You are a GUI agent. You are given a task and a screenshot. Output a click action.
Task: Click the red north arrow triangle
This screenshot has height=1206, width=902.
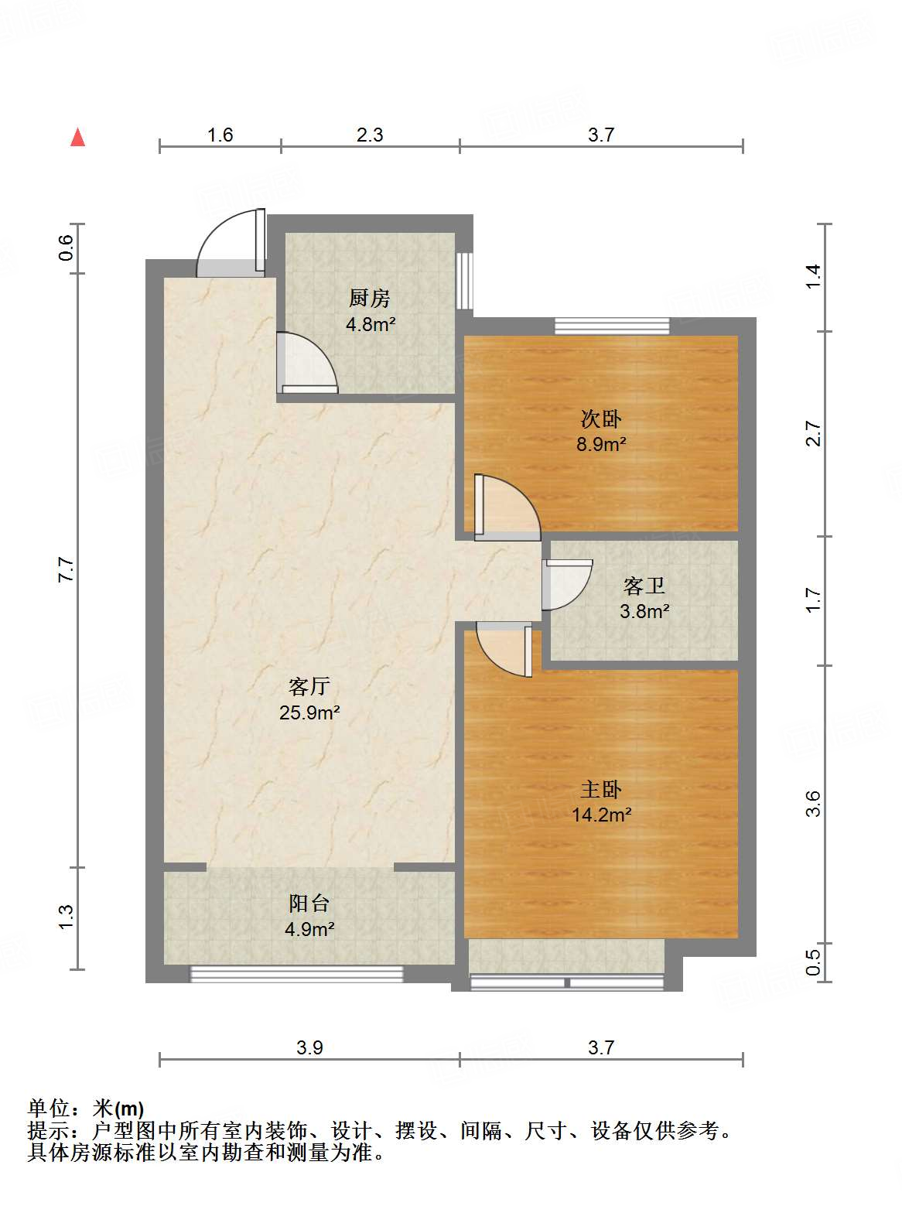(x=77, y=137)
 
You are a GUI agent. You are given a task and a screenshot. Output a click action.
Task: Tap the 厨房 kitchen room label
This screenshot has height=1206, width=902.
(x=370, y=299)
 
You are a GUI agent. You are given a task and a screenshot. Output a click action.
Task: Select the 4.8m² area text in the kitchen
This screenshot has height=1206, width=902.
(x=371, y=324)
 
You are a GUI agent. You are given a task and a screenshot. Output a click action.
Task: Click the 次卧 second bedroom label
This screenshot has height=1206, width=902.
(x=601, y=419)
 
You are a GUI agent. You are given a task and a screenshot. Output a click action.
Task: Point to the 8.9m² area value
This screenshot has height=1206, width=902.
(x=601, y=444)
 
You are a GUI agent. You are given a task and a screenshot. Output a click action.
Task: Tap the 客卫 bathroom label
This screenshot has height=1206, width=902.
(x=644, y=586)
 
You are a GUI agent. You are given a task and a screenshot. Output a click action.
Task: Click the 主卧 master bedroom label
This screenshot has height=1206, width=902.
(x=601, y=790)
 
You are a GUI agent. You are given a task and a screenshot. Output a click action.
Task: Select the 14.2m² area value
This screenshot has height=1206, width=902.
(x=601, y=815)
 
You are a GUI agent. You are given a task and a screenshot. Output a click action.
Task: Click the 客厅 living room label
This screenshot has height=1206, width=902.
(x=309, y=686)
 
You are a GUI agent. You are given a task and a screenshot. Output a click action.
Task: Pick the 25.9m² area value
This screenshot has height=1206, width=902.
(x=309, y=712)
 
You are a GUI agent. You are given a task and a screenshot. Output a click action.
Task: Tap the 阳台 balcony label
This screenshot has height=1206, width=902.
(x=309, y=903)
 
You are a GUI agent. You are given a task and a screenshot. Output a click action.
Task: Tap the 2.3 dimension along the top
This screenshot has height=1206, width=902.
(x=370, y=135)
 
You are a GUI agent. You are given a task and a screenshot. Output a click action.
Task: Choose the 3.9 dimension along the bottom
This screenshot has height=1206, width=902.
(x=309, y=1047)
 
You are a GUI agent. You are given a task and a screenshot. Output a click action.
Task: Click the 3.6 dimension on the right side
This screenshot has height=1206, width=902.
(x=812, y=804)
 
